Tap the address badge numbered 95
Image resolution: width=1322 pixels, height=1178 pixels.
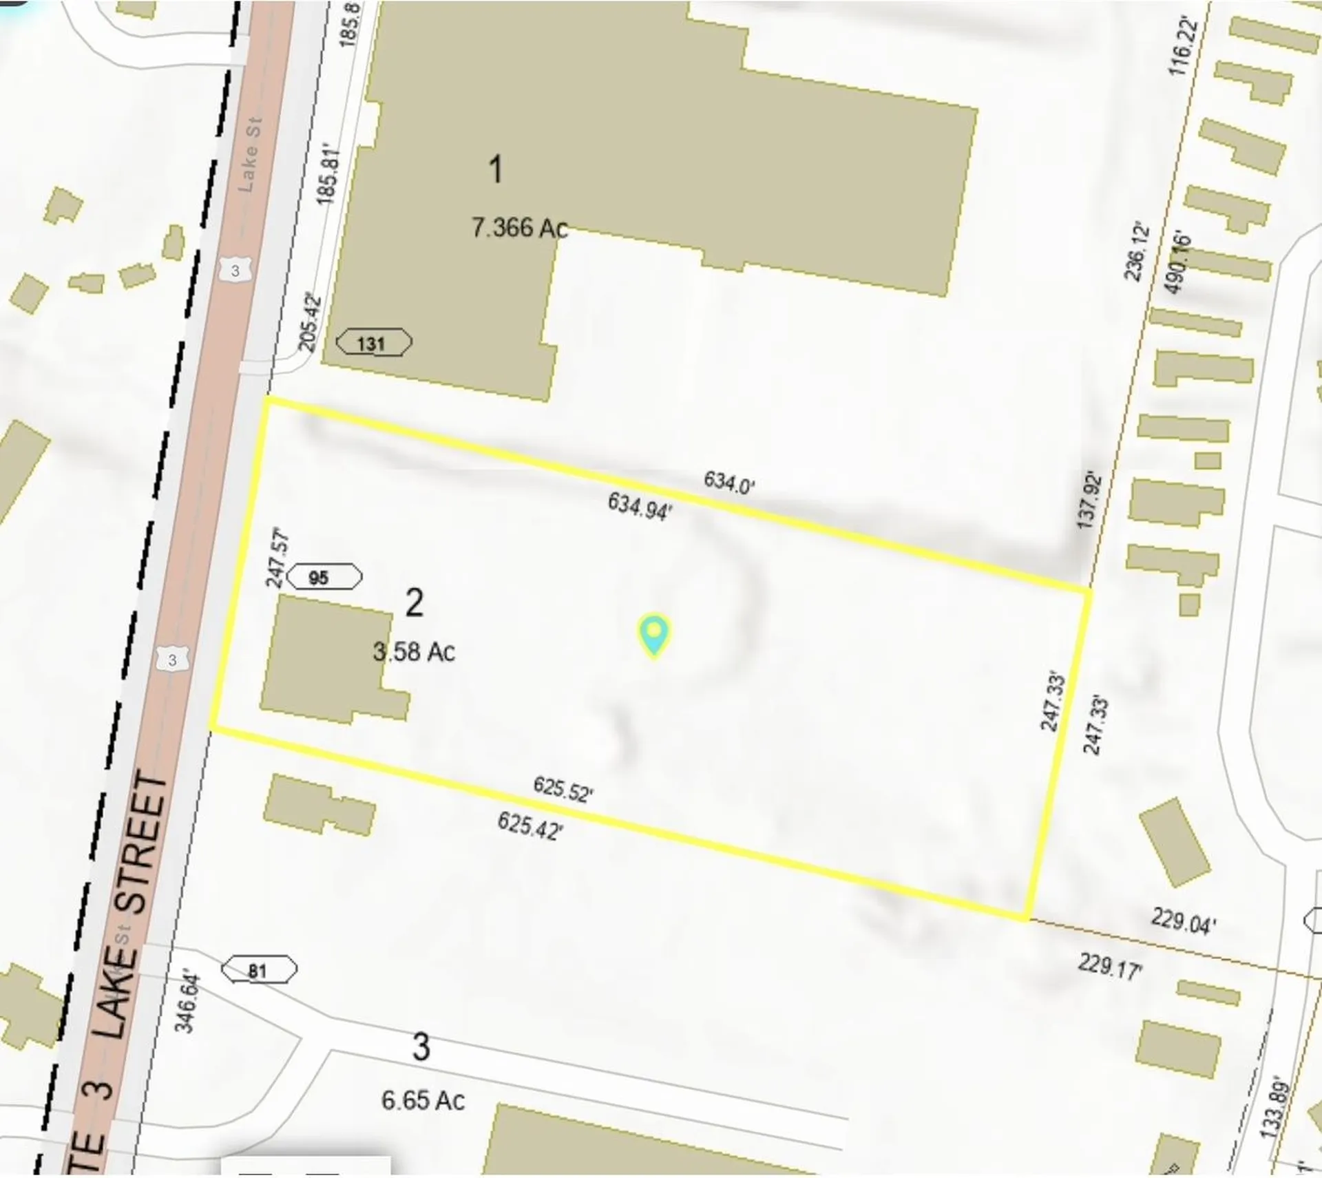[324, 577]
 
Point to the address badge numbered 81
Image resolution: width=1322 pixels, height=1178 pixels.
[259, 971]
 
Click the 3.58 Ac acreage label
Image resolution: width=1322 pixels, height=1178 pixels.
[414, 651]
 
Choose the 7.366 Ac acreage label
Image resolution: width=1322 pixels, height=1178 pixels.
[519, 227]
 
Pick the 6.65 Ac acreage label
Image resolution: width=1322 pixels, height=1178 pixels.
[423, 1100]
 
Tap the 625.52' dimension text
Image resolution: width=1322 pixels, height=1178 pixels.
[563, 789]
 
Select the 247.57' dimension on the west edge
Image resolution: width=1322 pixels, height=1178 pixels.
[277, 558]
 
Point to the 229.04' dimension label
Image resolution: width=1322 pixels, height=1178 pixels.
[1182, 921]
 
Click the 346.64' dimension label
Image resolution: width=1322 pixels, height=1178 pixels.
[187, 1003]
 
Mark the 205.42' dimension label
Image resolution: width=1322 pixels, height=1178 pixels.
[310, 322]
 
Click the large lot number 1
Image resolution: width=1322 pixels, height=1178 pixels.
[495, 169]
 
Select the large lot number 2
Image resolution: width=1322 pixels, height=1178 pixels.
[414, 603]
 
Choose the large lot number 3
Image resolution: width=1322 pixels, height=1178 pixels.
[421, 1047]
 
